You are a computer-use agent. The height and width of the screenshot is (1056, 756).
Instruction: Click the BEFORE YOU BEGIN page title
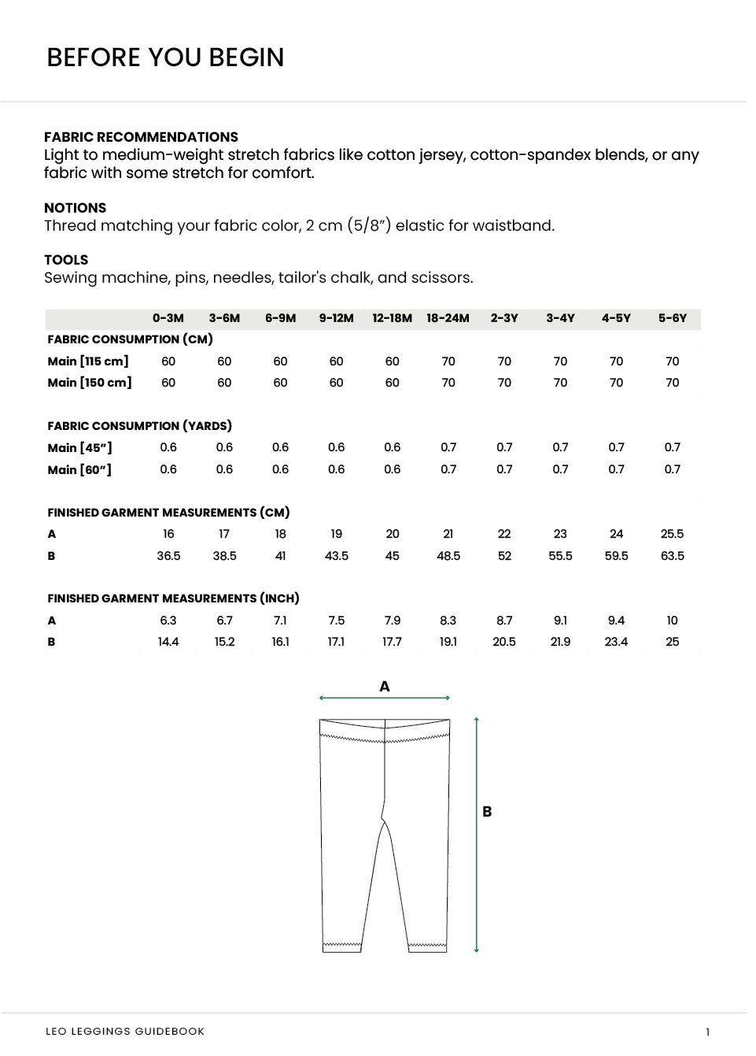click(x=165, y=57)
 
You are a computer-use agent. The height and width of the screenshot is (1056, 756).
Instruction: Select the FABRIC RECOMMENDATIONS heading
click(x=141, y=137)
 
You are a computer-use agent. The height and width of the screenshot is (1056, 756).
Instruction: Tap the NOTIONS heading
click(x=75, y=208)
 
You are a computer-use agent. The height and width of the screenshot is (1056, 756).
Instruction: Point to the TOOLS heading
click(x=66, y=260)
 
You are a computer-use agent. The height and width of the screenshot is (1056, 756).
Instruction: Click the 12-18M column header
click(x=392, y=318)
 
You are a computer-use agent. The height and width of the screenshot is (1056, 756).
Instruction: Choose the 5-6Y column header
click(x=672, y=318)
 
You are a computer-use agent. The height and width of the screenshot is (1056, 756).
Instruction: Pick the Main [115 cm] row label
click(x=88, y=361)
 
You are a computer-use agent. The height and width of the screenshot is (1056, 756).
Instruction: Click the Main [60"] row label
click(x=79, y=470)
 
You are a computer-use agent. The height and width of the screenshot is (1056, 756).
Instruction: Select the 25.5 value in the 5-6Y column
click(x=672, y=534)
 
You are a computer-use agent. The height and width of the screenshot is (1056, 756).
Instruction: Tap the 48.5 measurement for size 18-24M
click(x=448, y=556)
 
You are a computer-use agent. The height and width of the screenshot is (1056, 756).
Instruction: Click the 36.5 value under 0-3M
click(x=168, y=556)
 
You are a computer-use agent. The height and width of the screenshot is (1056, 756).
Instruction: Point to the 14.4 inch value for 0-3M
click(x=168, y=642)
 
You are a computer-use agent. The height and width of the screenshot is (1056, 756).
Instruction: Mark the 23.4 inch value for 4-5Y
click(x=616, y=642)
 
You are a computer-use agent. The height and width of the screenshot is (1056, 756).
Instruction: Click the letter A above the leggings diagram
click(x=385, y=687)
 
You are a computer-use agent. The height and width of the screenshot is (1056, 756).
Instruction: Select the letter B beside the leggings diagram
click(x=487, y=812)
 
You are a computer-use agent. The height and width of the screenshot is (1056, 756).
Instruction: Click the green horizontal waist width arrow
click(x=385, y=698)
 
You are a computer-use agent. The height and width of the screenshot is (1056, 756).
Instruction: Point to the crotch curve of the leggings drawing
click(x=384, y=819)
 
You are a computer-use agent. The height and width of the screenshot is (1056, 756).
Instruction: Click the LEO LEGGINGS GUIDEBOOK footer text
click(x=125, y=1032)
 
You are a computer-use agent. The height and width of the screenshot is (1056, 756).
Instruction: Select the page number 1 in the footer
click(x=707, y=1032)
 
